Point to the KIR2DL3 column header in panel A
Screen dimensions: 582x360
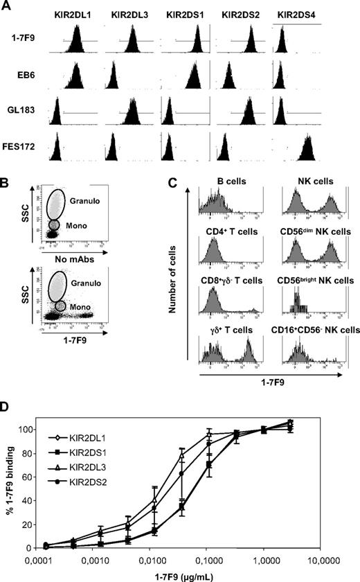point(129,14)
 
